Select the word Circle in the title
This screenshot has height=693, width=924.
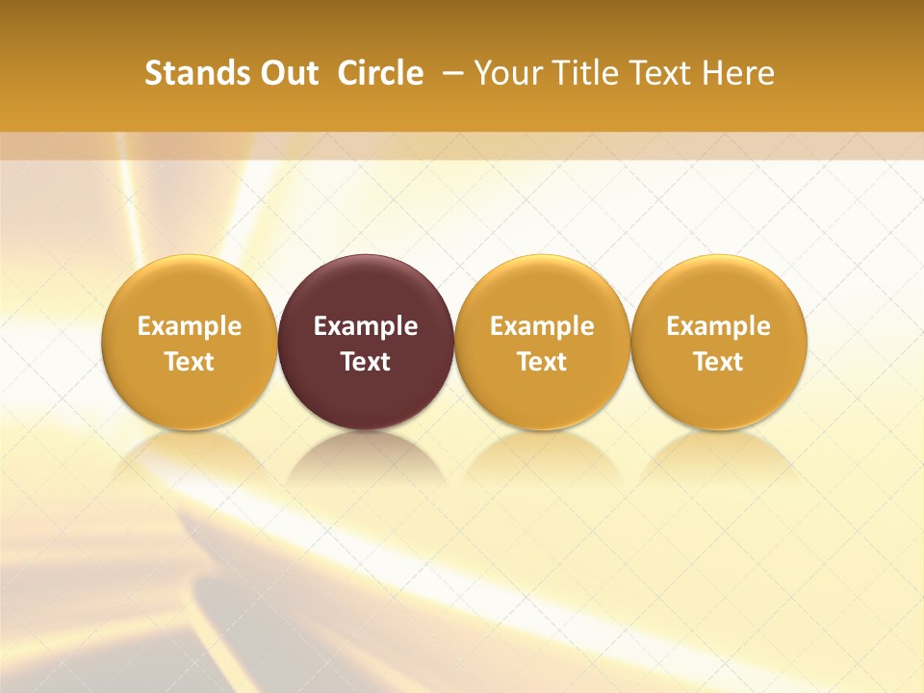point(380,73)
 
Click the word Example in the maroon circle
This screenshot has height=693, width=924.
point(366,326)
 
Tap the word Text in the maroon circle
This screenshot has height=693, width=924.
point(366,362)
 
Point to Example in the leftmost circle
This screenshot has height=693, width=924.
point(189,326)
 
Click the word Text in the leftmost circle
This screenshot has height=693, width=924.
point(189,362)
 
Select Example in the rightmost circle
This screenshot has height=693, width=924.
point(718,326)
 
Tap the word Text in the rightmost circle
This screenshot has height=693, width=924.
point(718,362)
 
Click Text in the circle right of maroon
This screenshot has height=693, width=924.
point(542,362)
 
